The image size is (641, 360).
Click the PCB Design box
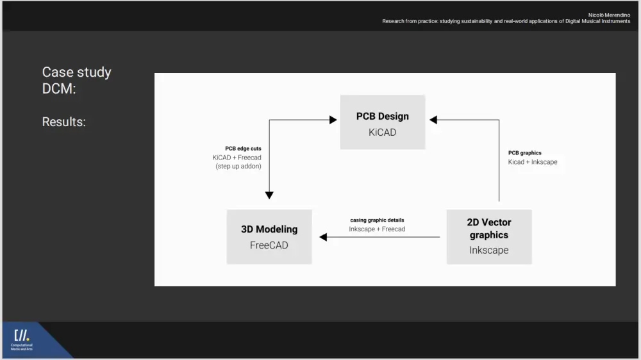[x=382, y=122]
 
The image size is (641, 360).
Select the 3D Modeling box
[x=269, y=236]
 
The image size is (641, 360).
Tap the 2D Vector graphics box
[x=489, y=236]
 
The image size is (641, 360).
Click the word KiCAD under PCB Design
[x=382, y=133]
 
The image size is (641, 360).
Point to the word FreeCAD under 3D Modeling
[x=269, y=245]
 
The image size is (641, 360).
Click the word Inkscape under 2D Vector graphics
[x=489, y=250]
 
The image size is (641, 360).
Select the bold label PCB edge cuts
[x=243, y=149]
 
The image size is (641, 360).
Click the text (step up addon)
[x=238, y=167]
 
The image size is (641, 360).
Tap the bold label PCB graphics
[x=525, y=153]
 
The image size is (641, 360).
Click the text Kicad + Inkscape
[x=533, y=162]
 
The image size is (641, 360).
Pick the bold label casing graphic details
[x=377, y=220]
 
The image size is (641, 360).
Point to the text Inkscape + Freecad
[x=377, y=229]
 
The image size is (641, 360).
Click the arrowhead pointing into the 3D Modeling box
[x=323, y=237]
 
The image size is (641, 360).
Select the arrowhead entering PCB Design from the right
[x=433, y=120]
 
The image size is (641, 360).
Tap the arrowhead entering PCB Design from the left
[x=333, y=120]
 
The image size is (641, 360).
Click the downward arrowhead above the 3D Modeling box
[x=269, y=195]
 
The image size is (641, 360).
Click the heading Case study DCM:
[x=76, y=80]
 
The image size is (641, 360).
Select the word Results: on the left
[x=63, y=122]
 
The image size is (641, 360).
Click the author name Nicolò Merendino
[x=609, y=15]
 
